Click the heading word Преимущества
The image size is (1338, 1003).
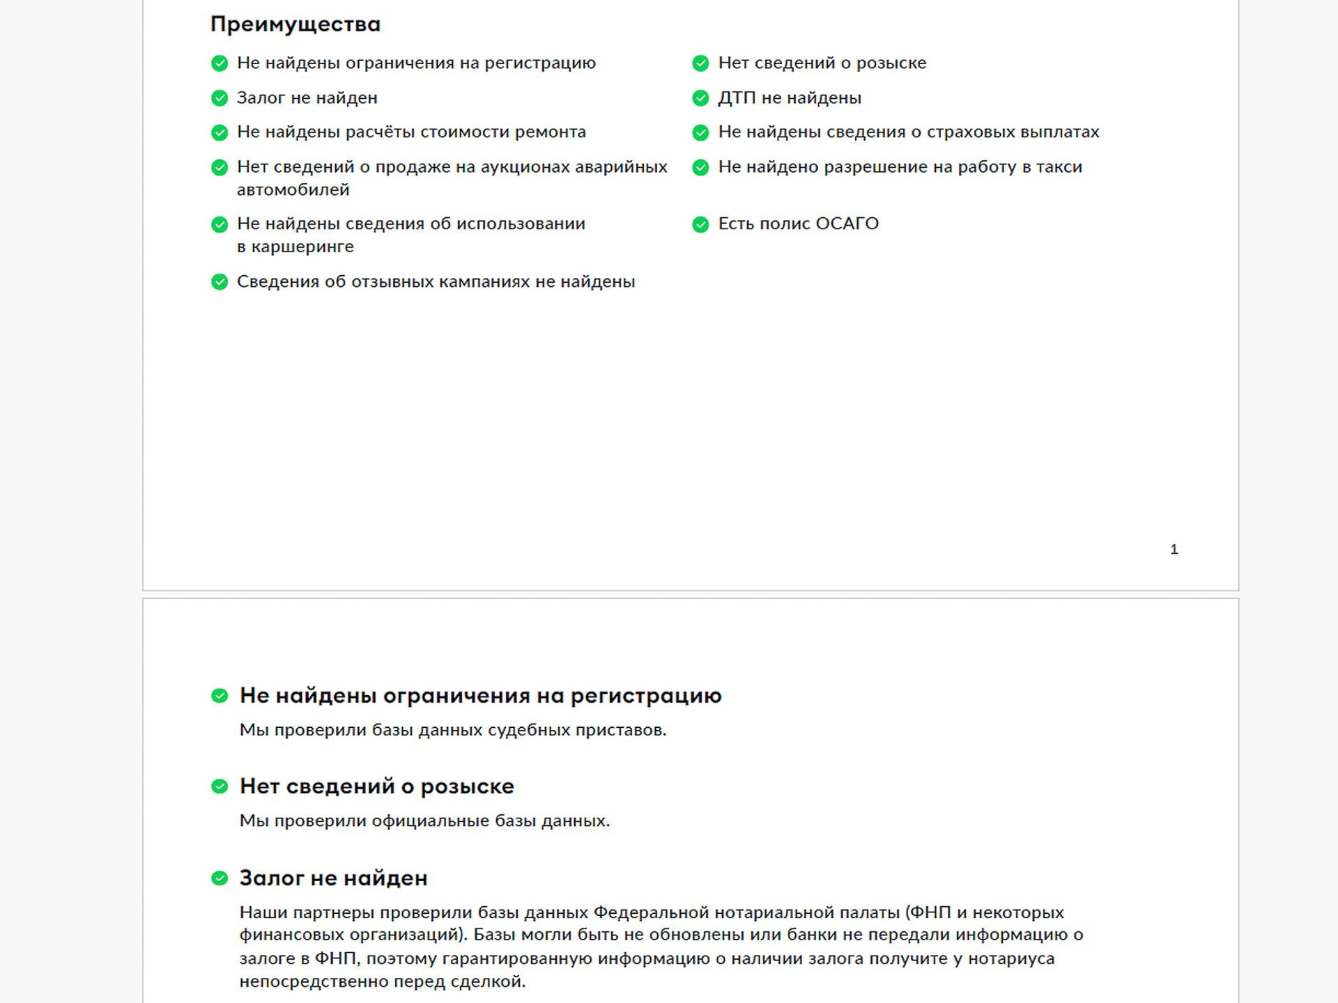click(x=295, y=24)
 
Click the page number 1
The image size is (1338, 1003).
click(x=1174, y=550)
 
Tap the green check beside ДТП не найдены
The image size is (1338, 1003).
click(x=700, y=98)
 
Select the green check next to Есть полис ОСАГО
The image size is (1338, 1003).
click(x=700, y=224)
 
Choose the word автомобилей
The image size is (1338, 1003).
click(x=293, y=190)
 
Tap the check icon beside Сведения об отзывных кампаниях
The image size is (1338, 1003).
click(x=220, y=282)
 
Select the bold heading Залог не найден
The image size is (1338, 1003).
click(x=333, y=878)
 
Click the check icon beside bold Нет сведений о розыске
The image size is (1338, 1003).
click(x=220, y=787)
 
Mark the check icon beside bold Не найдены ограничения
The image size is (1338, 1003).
click(x=220, y=696)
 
